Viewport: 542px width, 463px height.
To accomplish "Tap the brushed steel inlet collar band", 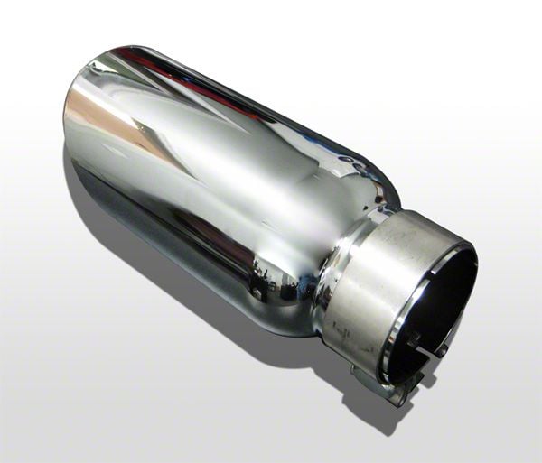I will coord(361,289).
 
